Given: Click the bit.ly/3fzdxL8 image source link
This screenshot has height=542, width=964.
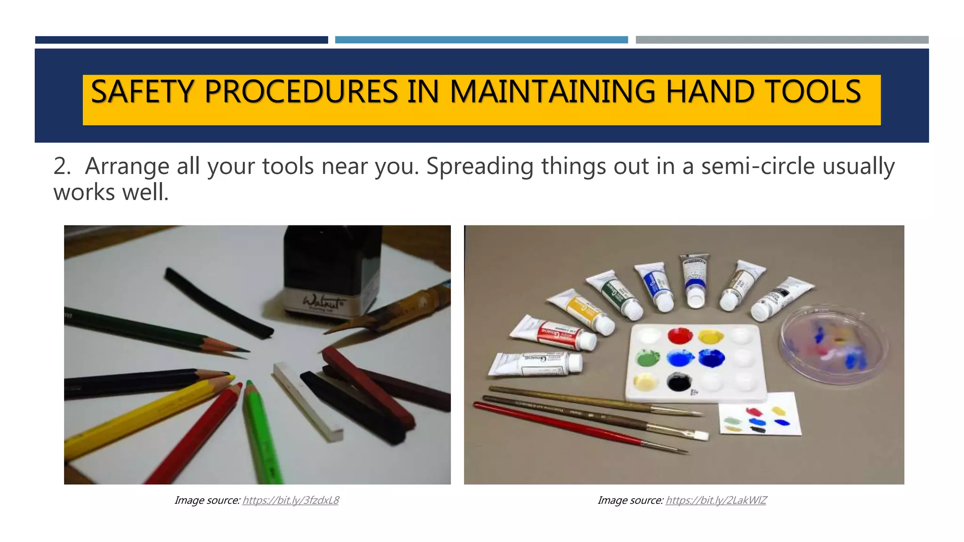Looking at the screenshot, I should coord(290,500).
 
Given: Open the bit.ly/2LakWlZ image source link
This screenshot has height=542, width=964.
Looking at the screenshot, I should coord(716,500).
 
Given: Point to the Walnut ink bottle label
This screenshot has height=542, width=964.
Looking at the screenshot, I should coord(324,302).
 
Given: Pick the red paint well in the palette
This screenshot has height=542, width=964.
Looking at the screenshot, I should coord(680,336).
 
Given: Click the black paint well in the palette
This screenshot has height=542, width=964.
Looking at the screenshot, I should coord(679,382).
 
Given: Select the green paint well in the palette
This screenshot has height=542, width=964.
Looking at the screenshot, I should coord(648,359).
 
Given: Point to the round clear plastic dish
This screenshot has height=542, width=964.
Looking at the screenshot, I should coord(834,344).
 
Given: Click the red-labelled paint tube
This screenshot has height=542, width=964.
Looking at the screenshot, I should coord(555,334).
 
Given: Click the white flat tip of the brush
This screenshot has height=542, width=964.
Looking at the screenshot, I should coord(701,436).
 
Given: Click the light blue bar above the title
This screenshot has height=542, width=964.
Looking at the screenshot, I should coord(481,40).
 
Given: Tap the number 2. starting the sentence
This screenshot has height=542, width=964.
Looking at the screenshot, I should coord(62,167).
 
